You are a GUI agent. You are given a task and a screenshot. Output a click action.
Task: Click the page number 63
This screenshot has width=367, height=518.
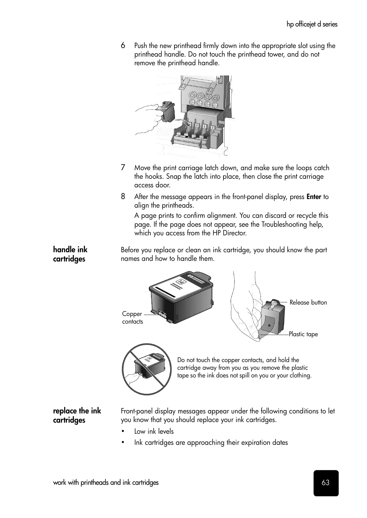click(x=325, y=483)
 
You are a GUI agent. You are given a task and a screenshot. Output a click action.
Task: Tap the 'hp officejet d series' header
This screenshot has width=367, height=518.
click(x=312, y=24)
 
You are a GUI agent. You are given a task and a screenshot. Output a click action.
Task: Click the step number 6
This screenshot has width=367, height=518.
click(x=123, y=46)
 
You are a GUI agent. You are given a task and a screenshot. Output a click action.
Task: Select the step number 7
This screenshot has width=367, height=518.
click(x=123, y=168)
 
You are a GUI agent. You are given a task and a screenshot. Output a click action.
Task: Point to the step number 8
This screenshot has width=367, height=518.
click(x=123, y=196)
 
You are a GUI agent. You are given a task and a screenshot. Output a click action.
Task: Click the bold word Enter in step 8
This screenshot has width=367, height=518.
click(x=314, y=197)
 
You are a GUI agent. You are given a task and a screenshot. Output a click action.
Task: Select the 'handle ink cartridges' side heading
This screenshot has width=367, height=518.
click(x=70, y=254)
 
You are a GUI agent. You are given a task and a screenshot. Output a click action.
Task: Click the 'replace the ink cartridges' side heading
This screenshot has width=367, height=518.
click(x=77, y=415)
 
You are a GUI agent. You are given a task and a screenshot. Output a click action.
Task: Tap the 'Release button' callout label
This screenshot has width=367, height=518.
click(x=308, y=302)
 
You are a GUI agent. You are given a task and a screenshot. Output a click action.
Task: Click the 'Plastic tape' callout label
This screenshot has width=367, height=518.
click(x=303, y=334)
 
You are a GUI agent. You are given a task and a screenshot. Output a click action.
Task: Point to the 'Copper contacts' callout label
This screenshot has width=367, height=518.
click(x=132, y=317)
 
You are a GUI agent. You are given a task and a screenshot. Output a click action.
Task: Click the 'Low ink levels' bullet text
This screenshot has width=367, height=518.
click(x=154, y=431)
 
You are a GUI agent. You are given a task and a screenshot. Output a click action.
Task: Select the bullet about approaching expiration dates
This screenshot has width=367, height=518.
click(x=211, y=442)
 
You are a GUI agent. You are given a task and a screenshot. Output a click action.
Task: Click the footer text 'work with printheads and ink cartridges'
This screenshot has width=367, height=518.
click(x=106, y=482)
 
